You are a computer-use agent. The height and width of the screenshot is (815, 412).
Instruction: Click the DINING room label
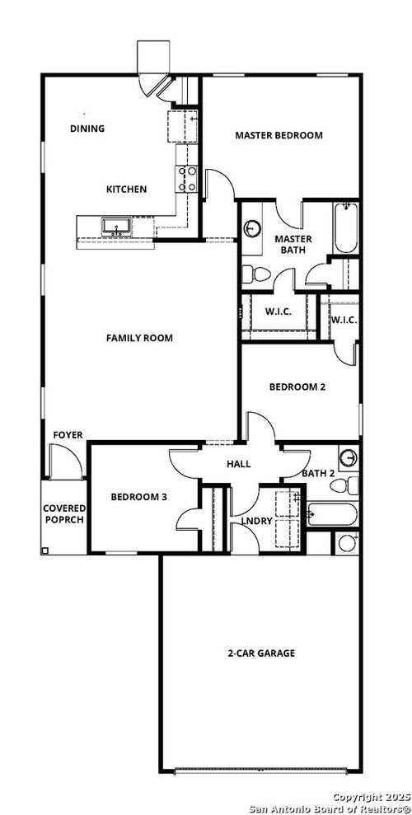pyautogui.click(x=87, y=129)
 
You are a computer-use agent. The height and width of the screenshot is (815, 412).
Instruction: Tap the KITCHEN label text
pyautogui.click(x=126, y=190)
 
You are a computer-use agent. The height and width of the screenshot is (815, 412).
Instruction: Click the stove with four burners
pyautogui.click(x=186, y=179)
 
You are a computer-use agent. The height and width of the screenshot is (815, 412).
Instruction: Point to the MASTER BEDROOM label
pyautogui.click(x=279, y=135)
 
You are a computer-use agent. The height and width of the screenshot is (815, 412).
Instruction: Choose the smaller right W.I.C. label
pyautogui.click(x=344, y=320)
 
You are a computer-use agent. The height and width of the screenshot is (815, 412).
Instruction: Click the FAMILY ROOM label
pyautogui.click(x=138, y=338)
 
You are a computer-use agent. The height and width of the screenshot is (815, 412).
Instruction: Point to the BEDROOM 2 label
pyautogui.click(x=297, y=386)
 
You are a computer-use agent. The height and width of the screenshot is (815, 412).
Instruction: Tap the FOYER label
pyautogui.click(x=68, y=435)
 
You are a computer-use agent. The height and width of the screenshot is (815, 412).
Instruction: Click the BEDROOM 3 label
pyautogui.click(x=139, y=497)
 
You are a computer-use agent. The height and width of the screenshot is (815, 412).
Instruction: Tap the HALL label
pyautogui.click(x=238, y=465)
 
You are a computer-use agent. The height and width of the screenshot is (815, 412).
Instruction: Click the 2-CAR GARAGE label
pyautogui.click(x=261, y=653)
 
